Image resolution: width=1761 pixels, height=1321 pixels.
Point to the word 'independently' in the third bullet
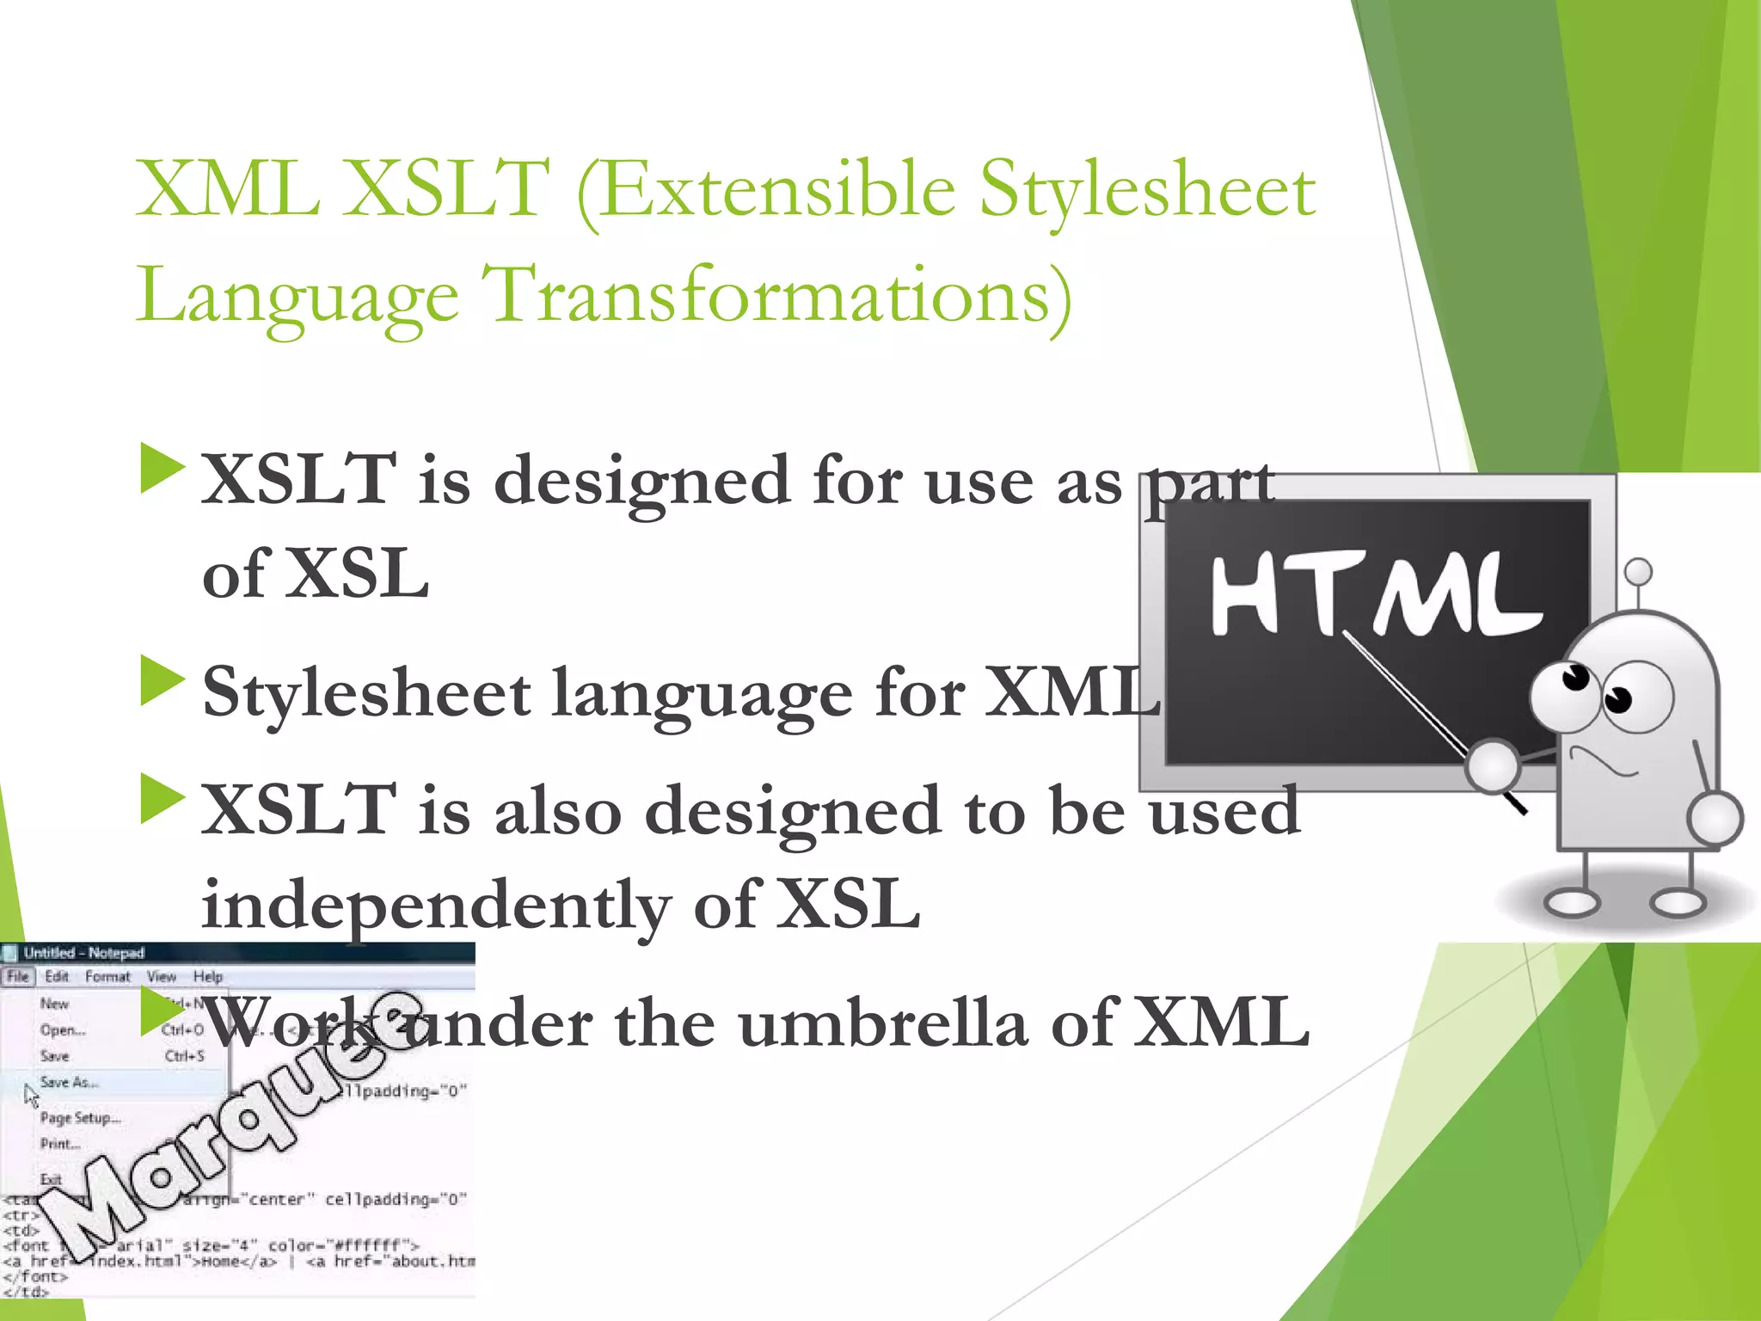tap(435, 906)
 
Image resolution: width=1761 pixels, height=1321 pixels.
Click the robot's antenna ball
tap(1638, 571)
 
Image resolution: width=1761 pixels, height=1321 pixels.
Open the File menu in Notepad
tap(18, 976)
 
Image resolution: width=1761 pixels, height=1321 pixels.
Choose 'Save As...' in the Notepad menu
tap(69, 1082)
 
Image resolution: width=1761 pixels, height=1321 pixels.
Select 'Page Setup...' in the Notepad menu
tap(80, 1118)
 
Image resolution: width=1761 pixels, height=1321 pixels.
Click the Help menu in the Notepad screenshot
tap(207, 976)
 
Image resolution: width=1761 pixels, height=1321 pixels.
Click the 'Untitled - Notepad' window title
tap(83, 953)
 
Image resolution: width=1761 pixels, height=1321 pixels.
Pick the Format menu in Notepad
tap(107, 976)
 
